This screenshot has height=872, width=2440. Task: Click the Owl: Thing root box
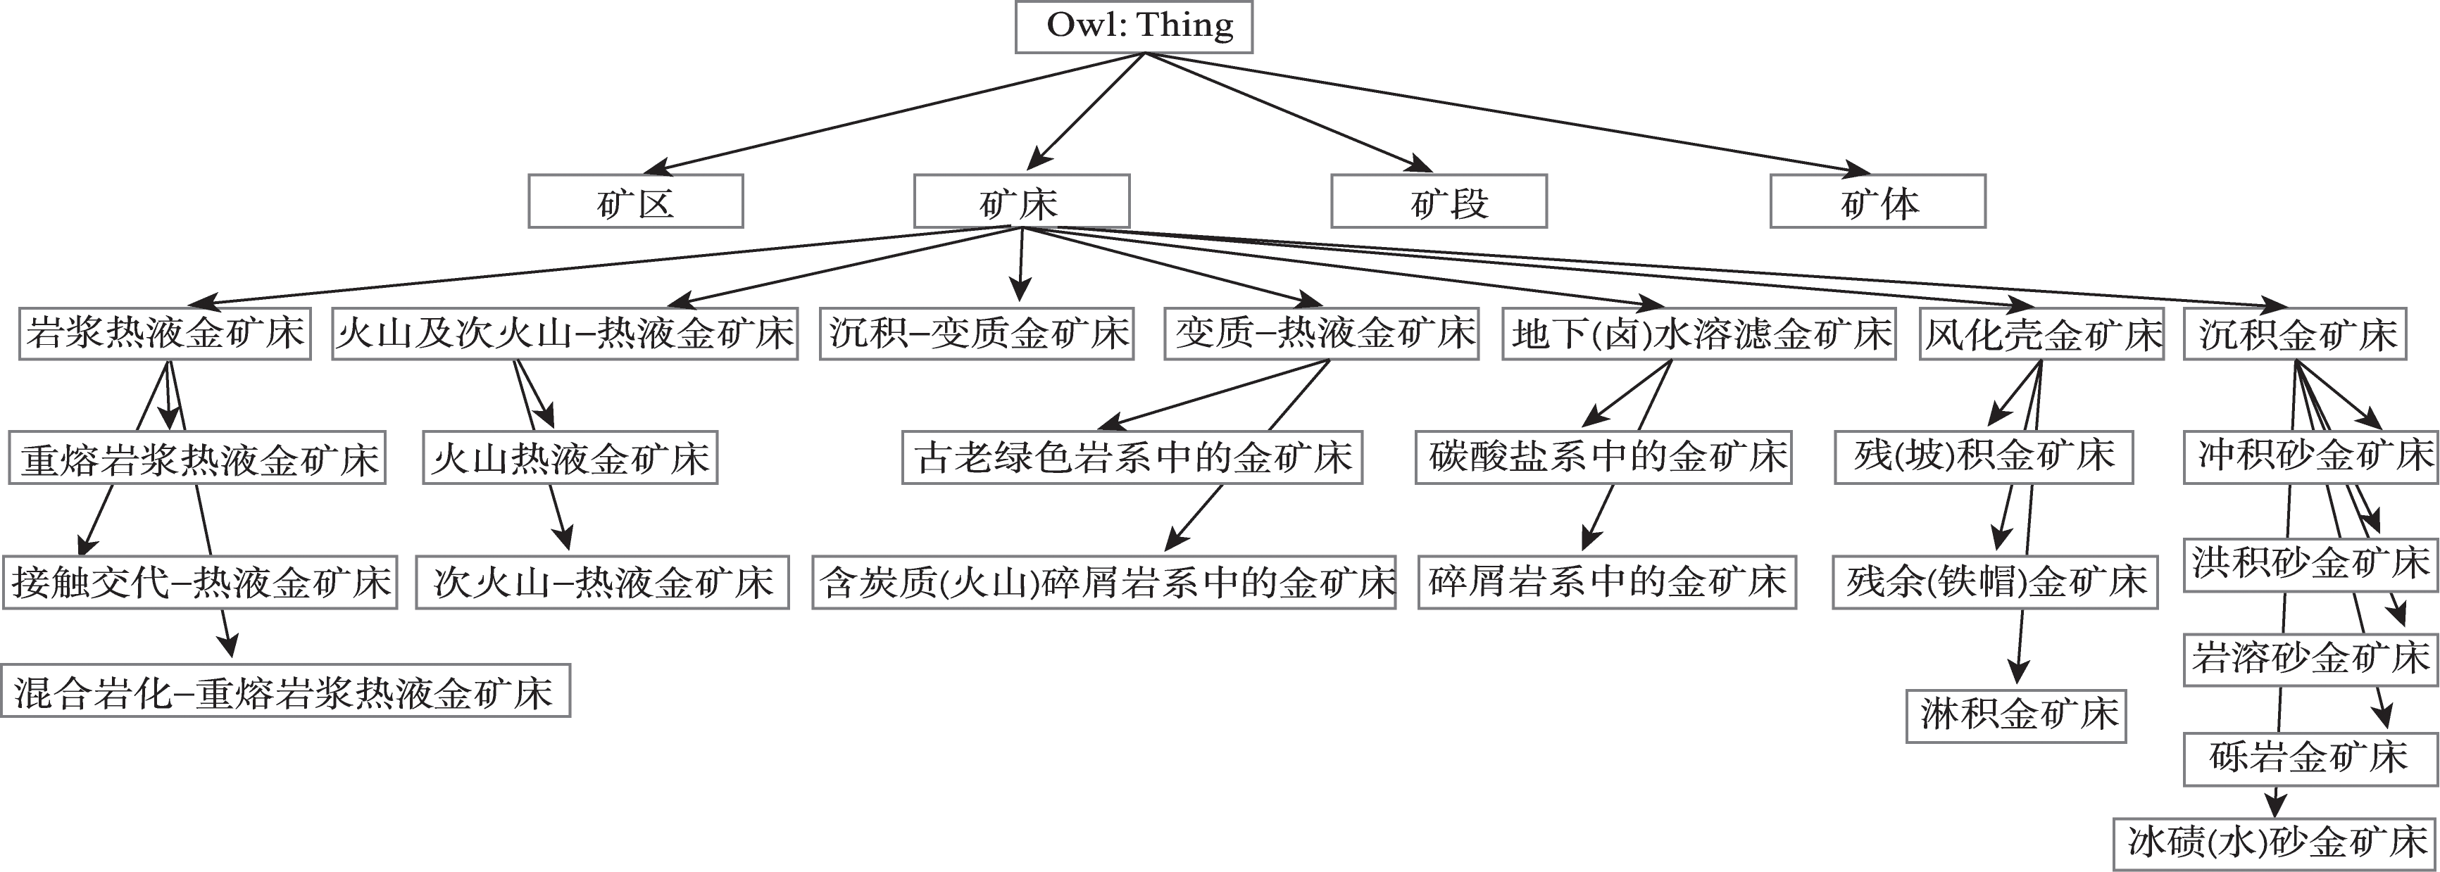1134,27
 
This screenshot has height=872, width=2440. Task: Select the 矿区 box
636,202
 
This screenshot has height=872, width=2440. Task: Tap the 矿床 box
1021,202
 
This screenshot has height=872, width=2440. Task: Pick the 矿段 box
1439,202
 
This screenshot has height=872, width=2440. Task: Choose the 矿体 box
1877,202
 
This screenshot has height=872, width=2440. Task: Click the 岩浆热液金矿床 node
165,334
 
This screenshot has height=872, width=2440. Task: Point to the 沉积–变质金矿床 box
977,334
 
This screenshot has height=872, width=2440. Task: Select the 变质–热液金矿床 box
1321,334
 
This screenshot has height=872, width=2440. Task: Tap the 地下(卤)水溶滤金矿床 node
1698,334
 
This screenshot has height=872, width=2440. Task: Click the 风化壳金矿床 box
2042,334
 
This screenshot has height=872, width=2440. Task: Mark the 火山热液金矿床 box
570,458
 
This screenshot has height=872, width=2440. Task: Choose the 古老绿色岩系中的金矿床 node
1132,458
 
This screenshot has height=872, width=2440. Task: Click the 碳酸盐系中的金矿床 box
1603,458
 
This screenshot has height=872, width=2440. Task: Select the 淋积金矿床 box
2017,716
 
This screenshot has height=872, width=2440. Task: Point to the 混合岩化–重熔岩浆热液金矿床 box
285,691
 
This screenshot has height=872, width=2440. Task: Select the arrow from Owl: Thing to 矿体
1506,113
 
